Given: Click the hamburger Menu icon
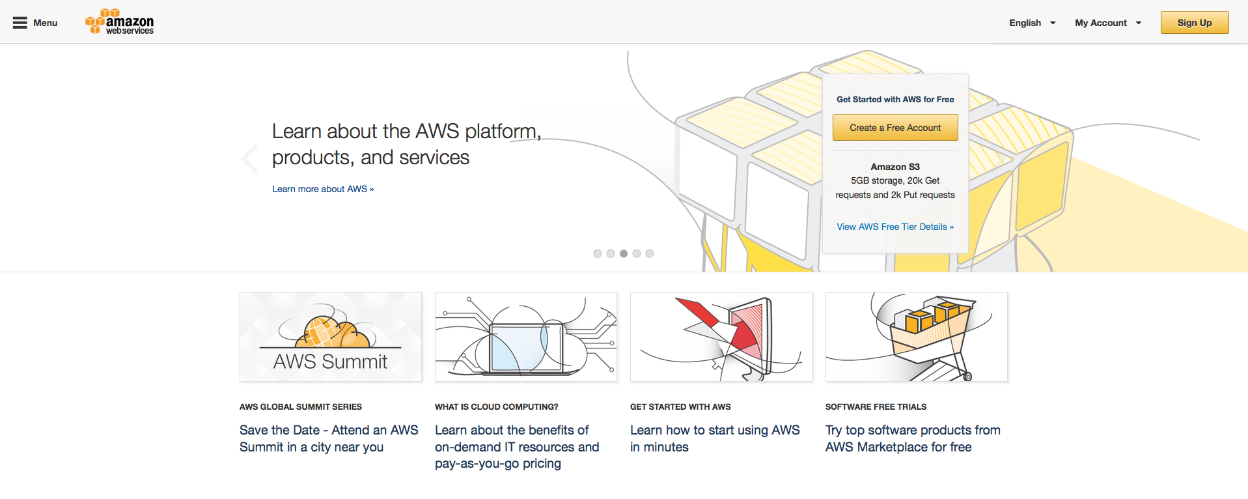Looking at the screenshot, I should coord(20,23).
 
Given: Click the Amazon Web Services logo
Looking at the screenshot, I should coord(120,22).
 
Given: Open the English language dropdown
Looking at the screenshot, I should coord(1032,23).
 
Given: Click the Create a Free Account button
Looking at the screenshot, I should coord(895,128).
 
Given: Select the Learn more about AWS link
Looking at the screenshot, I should coord(323,189).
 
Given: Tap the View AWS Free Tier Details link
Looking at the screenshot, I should coord(895,227).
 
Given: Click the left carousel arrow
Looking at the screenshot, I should coord(249,158).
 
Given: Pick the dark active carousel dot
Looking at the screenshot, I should coord(624,253).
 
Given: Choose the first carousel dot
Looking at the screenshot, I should coord(598,253).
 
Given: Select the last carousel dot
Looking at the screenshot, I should coord(650,253).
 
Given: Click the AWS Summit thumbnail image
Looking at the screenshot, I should coord(331,337).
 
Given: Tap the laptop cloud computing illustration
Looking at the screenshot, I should coord(526,337).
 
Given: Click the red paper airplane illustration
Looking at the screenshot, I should coord(721,337).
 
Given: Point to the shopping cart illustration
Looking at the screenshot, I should coord(917,337).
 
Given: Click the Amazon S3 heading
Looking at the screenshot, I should coord(895,167).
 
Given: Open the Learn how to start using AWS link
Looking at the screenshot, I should coord(715,438).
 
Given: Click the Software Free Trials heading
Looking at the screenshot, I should coord(876,406).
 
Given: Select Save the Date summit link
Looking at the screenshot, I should coord(329,438).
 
